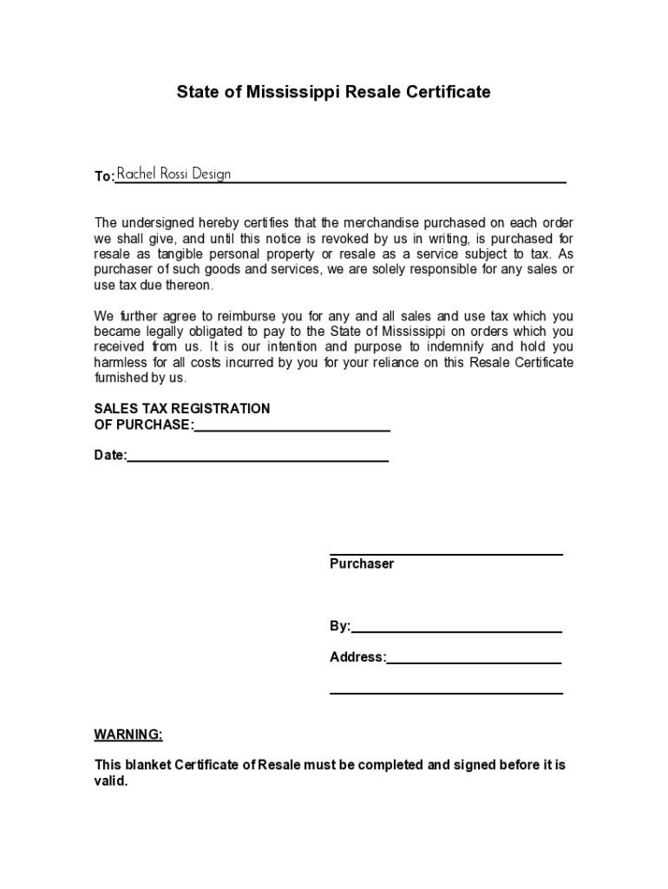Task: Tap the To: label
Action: coord(104,176)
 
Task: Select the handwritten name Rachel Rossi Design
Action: coord(174,174)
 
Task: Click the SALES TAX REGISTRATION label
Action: coord(181,409)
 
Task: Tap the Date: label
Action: coord(110,455)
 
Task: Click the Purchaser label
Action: coord(362,563)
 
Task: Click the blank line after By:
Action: coord(456,629)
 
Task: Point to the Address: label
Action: coord(357,657)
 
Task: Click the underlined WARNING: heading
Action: coord(128,734)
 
